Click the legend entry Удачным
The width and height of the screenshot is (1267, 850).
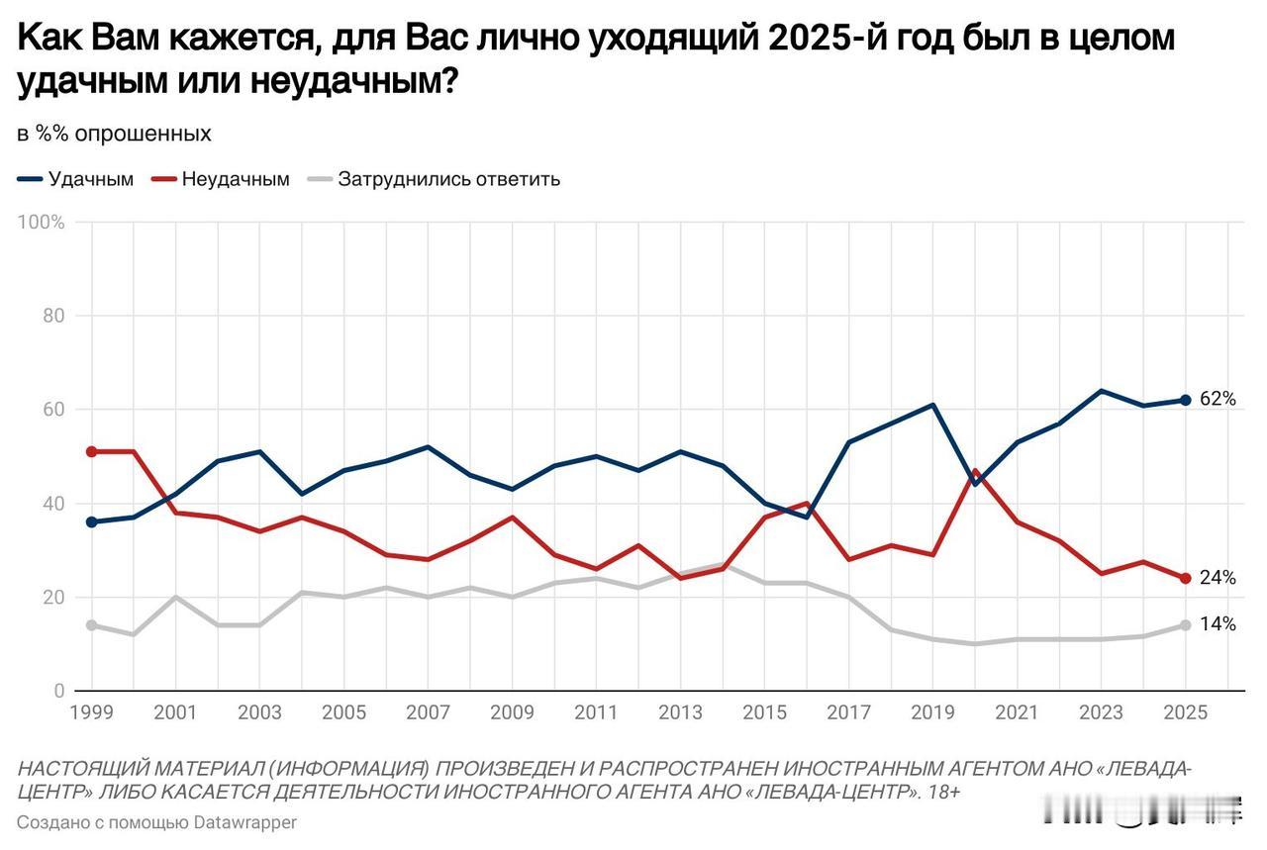(x=90, y=179)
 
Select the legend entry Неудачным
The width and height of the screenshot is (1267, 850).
(x=236, y=179)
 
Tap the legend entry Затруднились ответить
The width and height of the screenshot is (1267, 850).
(x=448, y=179)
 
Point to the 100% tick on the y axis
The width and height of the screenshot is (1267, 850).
(x=42, y=223)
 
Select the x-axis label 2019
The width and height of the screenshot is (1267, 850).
(x=932, y=712)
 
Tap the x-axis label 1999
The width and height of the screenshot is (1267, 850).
(x=91, y=712)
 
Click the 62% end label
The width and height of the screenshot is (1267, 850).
(x=1218, y=400)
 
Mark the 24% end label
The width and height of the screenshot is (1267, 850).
(x=1218, y=578)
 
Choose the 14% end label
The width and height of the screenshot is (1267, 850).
(x=1218, y=624)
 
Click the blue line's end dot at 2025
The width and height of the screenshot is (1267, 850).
(x=1185, y=400)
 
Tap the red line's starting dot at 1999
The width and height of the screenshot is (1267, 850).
(x=91, y=451)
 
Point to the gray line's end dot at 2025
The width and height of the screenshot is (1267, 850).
(x=1185, y=625)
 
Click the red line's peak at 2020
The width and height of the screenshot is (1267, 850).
(x=975, y=471)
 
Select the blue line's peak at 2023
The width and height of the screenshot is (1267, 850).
(x=1101, y=391)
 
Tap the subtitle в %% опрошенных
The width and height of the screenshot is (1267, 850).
(x=114, y=134)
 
